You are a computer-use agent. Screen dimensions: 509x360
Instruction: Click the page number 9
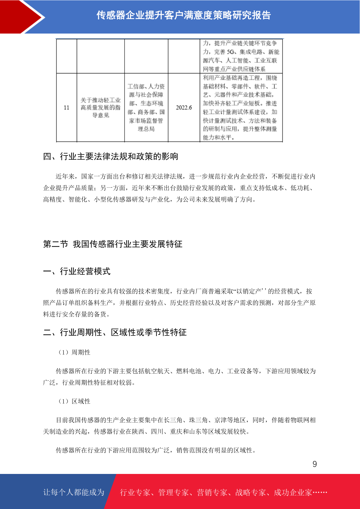(314, 464)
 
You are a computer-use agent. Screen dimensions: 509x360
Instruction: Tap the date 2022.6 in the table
(184, 108)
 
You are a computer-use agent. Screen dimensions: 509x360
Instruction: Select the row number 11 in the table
(66, 108)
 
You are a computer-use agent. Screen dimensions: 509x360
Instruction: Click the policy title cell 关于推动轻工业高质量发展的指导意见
(101, 108)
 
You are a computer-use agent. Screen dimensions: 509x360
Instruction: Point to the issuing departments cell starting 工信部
(146, 108)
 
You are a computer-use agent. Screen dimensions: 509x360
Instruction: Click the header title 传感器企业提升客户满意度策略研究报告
(183, 15)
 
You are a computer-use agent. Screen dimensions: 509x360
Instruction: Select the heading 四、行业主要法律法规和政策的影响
(111, 156)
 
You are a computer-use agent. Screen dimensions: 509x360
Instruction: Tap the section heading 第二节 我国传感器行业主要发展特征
(113, 244)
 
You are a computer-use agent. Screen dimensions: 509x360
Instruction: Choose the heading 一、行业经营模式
(77, 271)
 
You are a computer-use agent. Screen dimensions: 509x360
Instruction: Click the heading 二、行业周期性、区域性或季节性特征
(115, 332)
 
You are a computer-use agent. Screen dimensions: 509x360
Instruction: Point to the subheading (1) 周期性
(74, 352)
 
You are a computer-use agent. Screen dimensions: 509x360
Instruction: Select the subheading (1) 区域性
(74, 401)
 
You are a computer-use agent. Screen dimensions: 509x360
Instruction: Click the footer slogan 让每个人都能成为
(74, 492)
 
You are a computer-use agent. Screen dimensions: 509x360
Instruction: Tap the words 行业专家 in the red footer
(135, 492)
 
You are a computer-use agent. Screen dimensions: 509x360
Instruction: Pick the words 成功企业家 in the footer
(293, 492)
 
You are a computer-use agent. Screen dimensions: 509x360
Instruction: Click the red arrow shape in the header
(21, 17)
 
